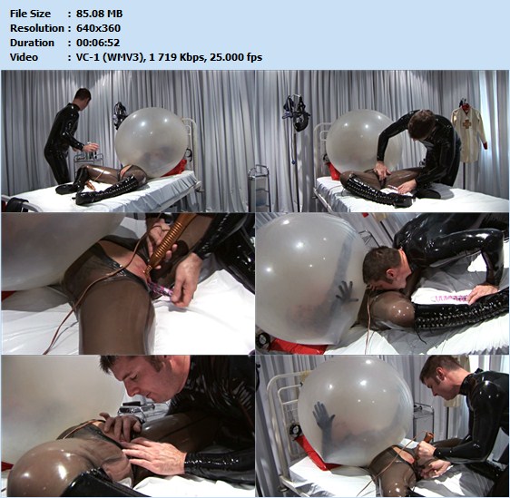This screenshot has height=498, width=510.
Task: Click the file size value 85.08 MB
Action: (x=99, y=14)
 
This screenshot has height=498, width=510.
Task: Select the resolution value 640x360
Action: (x=98, y=28)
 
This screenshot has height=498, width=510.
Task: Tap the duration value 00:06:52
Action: (x=98, y=43)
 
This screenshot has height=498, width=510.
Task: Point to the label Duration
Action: (x=32, y=43)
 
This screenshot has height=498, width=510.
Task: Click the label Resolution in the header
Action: (x=37, y=28)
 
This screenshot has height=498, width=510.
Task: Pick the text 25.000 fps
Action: (x=236, y=57)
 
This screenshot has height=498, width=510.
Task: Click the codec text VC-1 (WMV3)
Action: (x=110, y=57)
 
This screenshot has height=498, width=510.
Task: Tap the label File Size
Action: (x=30, y=14)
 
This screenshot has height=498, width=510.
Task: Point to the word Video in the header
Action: (x=24, y=57)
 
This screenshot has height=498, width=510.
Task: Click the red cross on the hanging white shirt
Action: (x=466, y=124)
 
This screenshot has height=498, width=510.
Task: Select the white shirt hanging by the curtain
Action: (x=468, y=134)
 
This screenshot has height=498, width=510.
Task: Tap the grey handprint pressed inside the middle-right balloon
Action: (x=347, y=290)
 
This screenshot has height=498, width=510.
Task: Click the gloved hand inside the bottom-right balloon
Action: (x=323, y=416)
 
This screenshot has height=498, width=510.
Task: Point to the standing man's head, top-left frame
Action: (x=82, y=95)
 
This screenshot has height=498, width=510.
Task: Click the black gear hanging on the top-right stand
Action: (x=295, y=112)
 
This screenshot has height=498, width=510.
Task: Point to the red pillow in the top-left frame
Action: (x=177, y=168)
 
